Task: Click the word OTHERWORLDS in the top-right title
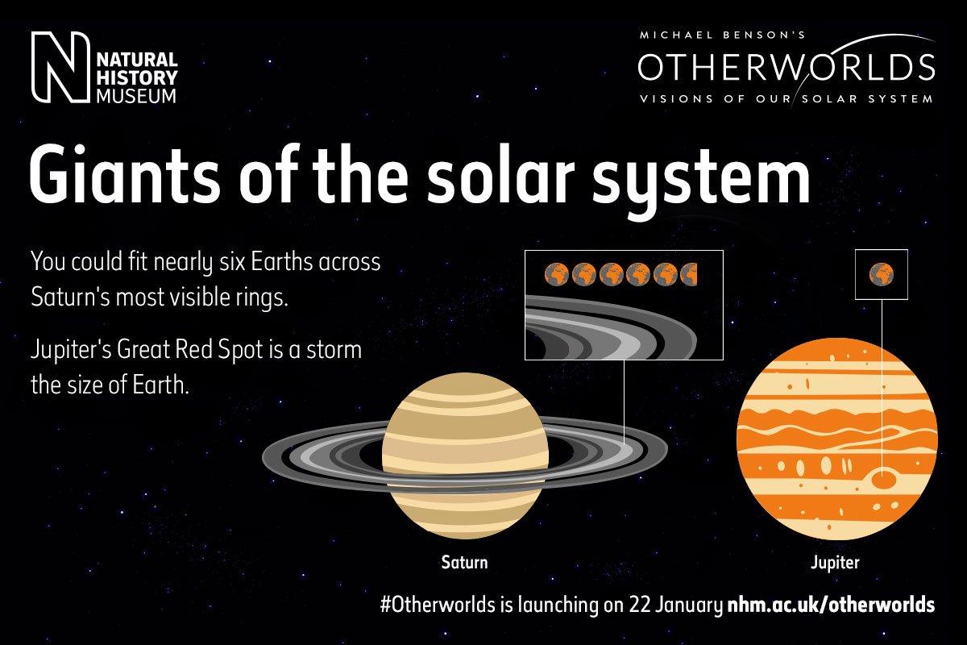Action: (786, 68)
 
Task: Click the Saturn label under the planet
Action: (464, 561)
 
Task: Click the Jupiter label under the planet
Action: (835, 562)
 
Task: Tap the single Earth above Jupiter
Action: (882, 275)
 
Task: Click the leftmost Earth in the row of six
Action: (556, 275)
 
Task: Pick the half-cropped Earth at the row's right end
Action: (690, 275)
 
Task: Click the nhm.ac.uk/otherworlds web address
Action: (831, 605)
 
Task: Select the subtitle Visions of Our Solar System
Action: (786, 99)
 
